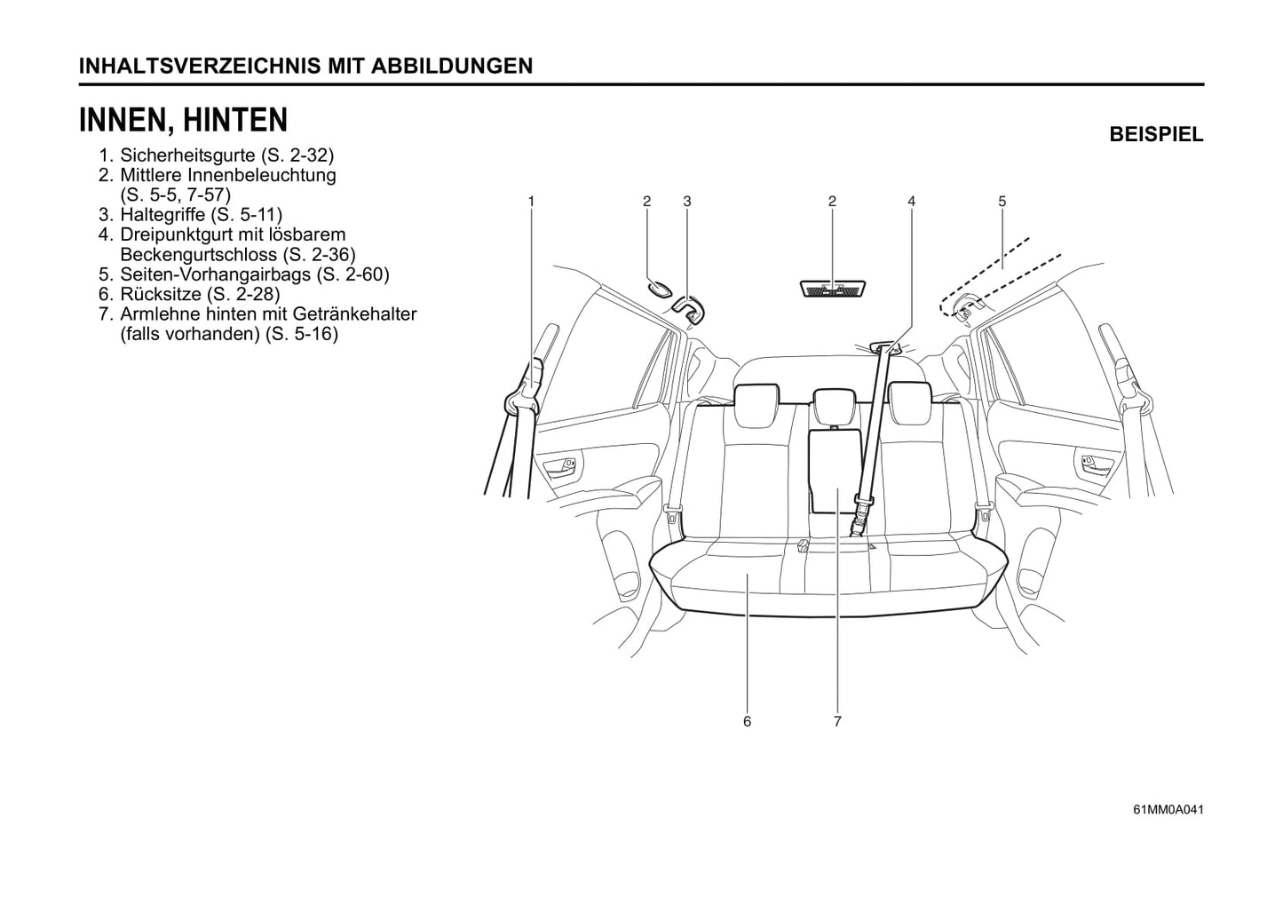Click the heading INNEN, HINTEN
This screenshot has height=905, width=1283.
point(183,120)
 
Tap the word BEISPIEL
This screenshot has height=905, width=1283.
point(1156,135)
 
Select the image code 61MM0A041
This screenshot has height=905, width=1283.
point(1168,809)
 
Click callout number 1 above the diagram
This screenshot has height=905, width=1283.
point(531,202)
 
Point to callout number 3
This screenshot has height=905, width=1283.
point(686,202)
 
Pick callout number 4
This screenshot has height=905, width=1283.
point(911,202)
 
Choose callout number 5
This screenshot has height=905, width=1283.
point(1002,202)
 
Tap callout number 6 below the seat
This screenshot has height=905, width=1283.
point(747,722)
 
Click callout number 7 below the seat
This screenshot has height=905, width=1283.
point(837,722)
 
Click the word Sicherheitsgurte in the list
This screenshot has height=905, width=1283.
point(187,155)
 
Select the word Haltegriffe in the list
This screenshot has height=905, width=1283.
point(162,215)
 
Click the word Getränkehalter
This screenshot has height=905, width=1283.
point(354,314)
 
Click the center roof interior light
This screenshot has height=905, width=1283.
point(832,289)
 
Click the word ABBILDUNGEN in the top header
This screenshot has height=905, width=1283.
point(452,67)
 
